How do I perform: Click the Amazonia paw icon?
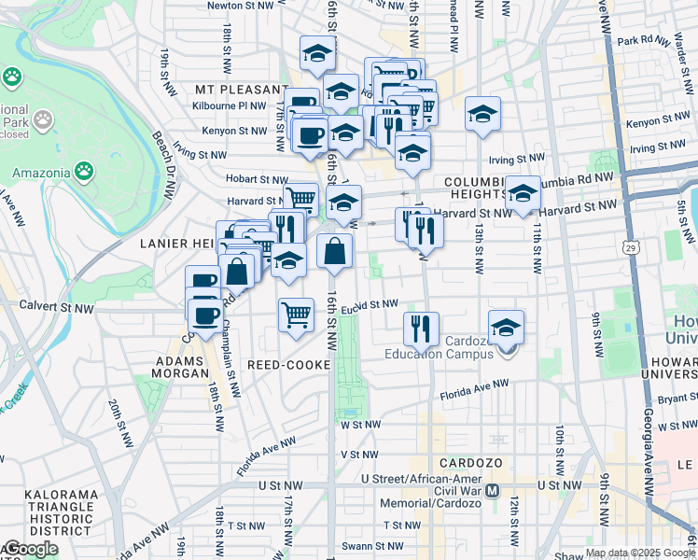84,171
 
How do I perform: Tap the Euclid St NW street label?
370,304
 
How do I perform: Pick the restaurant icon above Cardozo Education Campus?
421,327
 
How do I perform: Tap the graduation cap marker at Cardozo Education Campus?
506,327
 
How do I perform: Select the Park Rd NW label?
639,41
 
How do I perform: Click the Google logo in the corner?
30,549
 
